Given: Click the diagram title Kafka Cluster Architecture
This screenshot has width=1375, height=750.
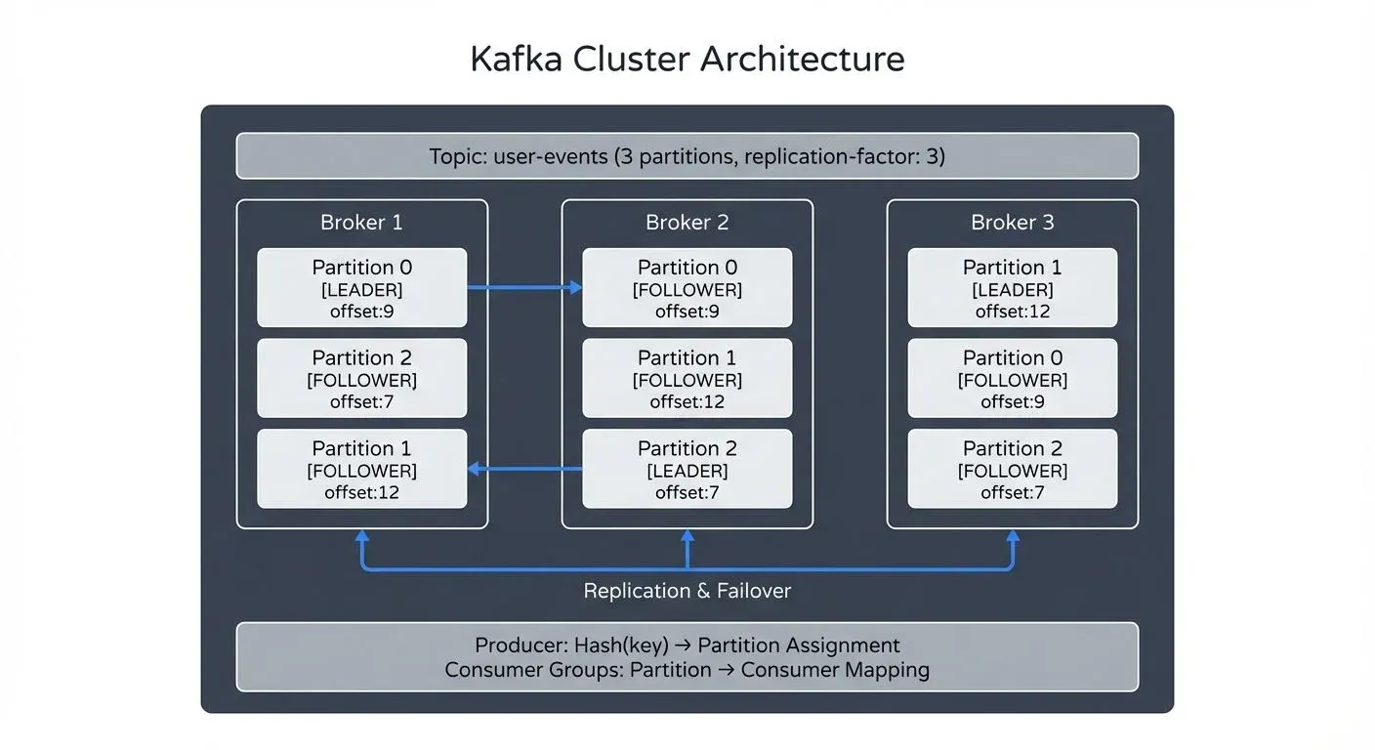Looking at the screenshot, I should pos(687,59).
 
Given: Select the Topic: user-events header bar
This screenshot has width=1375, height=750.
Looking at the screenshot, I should pos(687,156).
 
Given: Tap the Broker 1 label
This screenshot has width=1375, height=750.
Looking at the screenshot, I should pos(361,223).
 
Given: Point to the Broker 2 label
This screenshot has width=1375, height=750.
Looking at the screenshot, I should pos(687,223).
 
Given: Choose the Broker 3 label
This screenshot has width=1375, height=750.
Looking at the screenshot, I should pos(1012,223).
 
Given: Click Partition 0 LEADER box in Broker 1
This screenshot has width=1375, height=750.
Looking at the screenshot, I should pos(361,288).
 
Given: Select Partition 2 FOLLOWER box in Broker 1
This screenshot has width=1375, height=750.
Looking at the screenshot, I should pos(361,379).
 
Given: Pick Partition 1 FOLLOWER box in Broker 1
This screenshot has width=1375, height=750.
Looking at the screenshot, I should pos(361,470).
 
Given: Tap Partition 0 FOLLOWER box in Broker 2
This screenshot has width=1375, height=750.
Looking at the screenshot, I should pos(687,288).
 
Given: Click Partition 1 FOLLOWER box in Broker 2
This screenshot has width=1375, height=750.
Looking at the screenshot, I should pos(687,379).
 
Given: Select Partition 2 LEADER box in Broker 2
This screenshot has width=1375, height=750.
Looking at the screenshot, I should pos(687,470).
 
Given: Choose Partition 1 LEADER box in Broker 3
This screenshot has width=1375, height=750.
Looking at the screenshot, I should pos(1012,288).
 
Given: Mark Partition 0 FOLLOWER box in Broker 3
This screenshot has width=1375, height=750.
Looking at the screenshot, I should pos(1012,379).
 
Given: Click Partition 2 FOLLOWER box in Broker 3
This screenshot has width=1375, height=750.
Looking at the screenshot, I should pos(1012,470).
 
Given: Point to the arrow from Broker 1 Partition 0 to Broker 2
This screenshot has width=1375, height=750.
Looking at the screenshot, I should pos(524,287).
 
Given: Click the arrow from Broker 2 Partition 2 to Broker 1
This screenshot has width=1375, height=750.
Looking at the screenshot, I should pos(524,470).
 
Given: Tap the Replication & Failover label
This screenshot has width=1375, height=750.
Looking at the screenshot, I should pos(687,591).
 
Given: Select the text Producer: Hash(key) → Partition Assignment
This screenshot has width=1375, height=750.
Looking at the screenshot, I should pos(687,646).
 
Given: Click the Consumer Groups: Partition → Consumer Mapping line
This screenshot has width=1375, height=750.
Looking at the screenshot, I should pos(687,670).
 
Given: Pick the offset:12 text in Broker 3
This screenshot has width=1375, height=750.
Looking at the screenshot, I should pos(1012,312).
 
